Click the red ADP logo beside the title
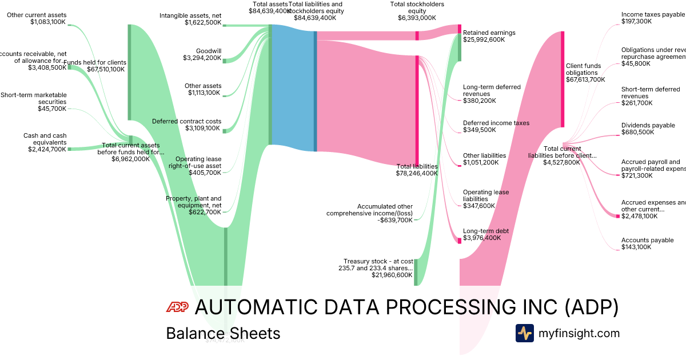click(177, 307)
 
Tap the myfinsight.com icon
click(525, 333)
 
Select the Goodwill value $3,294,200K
click(202, 58)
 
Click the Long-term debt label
click(485, 231)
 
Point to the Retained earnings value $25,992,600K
click(484, 40)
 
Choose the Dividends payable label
click(648, 125)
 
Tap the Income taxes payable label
click(652, 14)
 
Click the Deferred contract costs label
click(186, 121)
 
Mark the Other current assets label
click(37, 15)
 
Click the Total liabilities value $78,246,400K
click(417, 173)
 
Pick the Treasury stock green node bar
click(416, 271)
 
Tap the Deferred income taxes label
click(496, 123)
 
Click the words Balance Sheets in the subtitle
click(223, 333)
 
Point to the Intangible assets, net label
click(190, 15)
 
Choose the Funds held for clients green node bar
click(130, 72)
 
